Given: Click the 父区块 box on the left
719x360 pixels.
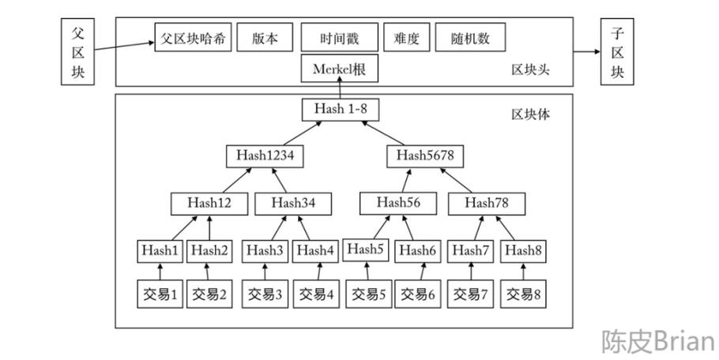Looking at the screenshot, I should [77, 52].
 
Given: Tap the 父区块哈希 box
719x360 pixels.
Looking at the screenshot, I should [194, 38].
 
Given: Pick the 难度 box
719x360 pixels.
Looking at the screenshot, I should [405, 38].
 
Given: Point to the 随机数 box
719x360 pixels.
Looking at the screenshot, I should [470, 38].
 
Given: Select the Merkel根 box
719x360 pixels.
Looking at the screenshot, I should [340, 69].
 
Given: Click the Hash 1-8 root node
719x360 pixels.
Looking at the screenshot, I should [340, 110].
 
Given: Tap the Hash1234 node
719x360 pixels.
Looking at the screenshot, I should [265, 156].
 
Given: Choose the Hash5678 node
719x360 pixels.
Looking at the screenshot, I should [424, 156].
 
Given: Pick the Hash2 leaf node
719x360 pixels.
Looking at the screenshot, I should [209, 250].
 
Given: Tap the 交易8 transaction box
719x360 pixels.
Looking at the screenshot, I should [524, 294].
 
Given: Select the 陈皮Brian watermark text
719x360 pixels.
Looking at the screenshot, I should [657, 341].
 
